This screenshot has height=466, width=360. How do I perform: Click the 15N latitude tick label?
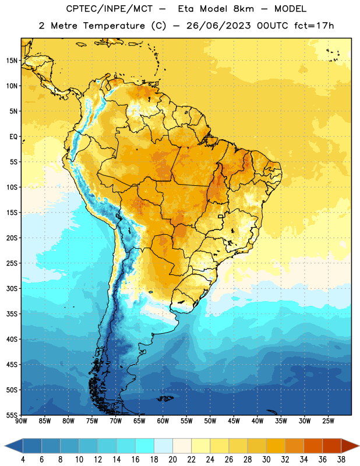tap(12, 61)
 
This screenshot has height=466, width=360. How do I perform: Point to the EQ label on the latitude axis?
tap(13, 137)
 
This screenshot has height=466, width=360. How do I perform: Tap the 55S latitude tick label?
tap(12, 415)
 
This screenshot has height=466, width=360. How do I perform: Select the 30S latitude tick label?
tap(12, 288)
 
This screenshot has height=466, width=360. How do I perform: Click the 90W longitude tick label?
tap(21, 421)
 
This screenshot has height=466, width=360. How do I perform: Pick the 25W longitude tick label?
tap(328, 421)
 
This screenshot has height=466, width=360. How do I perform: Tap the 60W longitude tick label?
tap(163, 421)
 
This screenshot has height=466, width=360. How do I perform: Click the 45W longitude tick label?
tap(234, 421)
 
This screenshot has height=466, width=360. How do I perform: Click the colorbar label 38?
tap(341, 460)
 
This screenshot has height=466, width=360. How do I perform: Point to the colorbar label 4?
tap(23, 460)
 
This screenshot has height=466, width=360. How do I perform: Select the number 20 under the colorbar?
tap(172, 460)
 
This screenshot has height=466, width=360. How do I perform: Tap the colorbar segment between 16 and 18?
tap(145, 446)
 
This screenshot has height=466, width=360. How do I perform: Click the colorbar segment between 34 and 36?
tap(313, 446)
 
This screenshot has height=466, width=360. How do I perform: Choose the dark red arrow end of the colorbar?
tap(350, 446)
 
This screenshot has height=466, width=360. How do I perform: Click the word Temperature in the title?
tap(114, 26)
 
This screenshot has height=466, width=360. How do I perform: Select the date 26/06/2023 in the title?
tap(218, 26)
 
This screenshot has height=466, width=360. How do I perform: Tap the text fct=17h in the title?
tap(314, 26)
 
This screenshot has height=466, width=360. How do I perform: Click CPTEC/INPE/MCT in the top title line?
tap(109, 9)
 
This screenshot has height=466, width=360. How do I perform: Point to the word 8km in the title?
tap(243, 9)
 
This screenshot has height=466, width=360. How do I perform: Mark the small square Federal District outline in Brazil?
tap(221, 216)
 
